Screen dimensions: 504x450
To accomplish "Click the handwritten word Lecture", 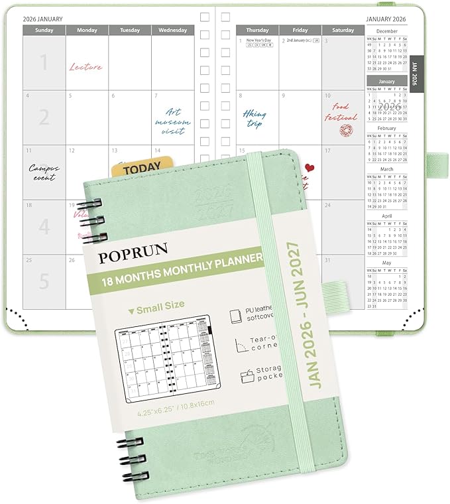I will click(x=85, y=67).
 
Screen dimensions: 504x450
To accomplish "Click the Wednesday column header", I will click(x=172, y=30).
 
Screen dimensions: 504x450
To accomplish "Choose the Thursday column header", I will click(x=257, y=30).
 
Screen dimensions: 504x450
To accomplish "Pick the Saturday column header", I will click(x=343, y=30).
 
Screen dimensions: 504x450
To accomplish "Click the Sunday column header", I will click(x=44, y=30).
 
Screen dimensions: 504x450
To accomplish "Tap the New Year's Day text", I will click(x=259, y=40).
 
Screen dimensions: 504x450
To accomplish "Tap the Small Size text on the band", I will click(x=159, y=304).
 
